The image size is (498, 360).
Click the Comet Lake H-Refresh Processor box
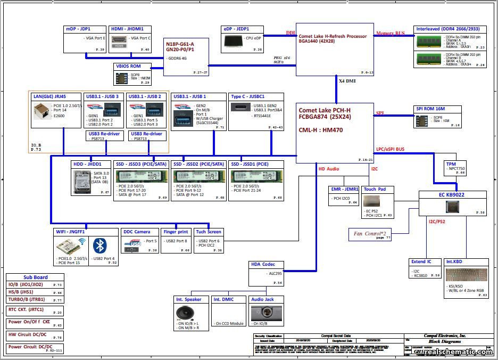coord(335,49)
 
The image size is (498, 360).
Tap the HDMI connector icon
coord(119,40)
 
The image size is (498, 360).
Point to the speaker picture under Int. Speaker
coord(185,313)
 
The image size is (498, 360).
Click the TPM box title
coord(451,164)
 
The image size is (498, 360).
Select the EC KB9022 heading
coord(452,195)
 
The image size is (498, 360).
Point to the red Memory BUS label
coord(391,34)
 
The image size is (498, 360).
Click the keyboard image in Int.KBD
coord(466,275)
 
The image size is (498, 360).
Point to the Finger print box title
coord(176,232)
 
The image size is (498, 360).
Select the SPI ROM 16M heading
coord(430,109)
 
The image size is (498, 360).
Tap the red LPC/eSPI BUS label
coord(397,150)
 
